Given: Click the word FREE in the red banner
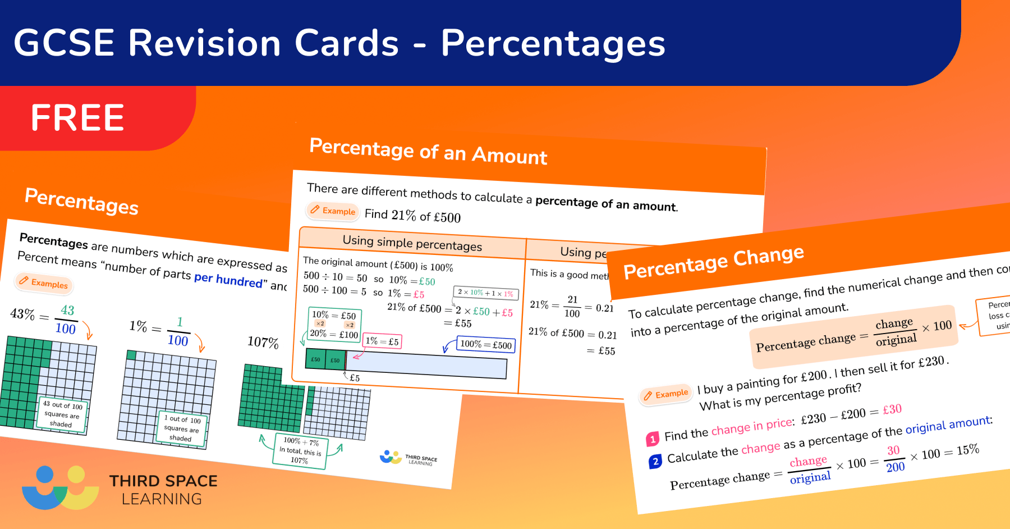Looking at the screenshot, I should tap(77, 118).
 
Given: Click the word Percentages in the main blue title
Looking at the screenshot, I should tap(553, 43).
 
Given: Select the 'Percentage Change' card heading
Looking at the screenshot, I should tap(713, 262).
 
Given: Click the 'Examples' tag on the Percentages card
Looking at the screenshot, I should tap(44, 282).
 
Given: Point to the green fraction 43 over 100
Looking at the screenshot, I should tap(66, 320).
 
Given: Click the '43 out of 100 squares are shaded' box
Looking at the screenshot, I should tap(62, 414).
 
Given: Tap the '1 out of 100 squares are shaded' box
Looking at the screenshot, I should tap(182, 428).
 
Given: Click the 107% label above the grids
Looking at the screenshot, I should tap(263, 342).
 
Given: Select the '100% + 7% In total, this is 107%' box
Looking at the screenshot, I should tap(300, 450).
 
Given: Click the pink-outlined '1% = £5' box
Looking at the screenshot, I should tap(382, 341).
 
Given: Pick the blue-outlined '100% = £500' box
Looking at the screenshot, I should tap(485, 344).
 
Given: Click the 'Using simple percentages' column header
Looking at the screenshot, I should tap(412, 243).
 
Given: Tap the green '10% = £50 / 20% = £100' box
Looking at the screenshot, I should tap(334, 325).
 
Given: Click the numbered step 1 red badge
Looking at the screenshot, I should tap(652, 439).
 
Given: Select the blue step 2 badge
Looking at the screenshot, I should tap(655, 462).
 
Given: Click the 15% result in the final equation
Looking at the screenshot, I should tap(967, 450).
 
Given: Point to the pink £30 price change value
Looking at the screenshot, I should tap(892, 409).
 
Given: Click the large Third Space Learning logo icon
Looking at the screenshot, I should tap(60, 488).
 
